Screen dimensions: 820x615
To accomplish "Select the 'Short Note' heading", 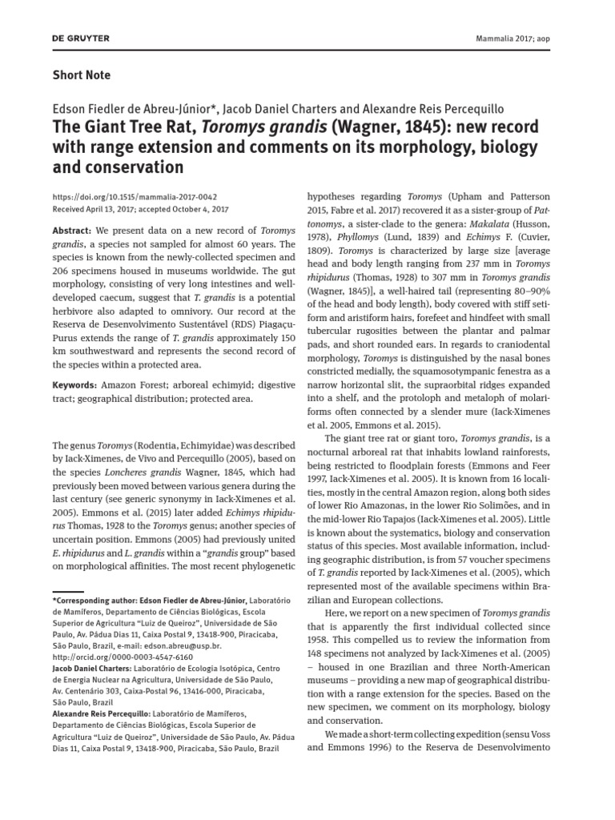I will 81,75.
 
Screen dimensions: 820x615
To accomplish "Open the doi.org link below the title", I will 135,196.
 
